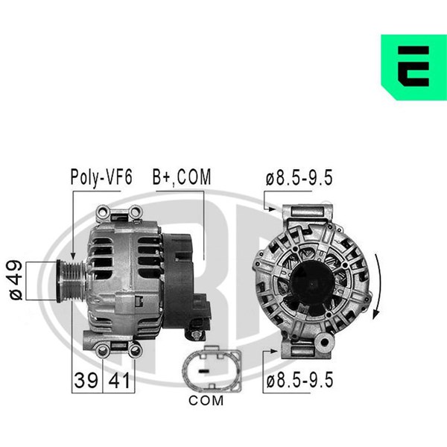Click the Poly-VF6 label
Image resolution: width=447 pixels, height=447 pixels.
tap(101, 177)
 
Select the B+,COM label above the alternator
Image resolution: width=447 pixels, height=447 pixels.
tap(182, 177)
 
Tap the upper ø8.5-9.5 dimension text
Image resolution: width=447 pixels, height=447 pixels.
tap(299, 177)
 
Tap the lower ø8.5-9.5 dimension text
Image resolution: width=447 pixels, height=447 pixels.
tap(299, 380)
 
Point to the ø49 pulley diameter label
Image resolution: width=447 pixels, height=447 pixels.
tap(16, 280)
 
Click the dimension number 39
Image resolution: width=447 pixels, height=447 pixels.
tap(86, 380)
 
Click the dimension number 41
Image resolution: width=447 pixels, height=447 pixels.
tap(119, 380)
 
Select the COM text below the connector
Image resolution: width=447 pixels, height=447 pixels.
tap(206, 401)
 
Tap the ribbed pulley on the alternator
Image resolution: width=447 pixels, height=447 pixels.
tap(72, 281)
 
